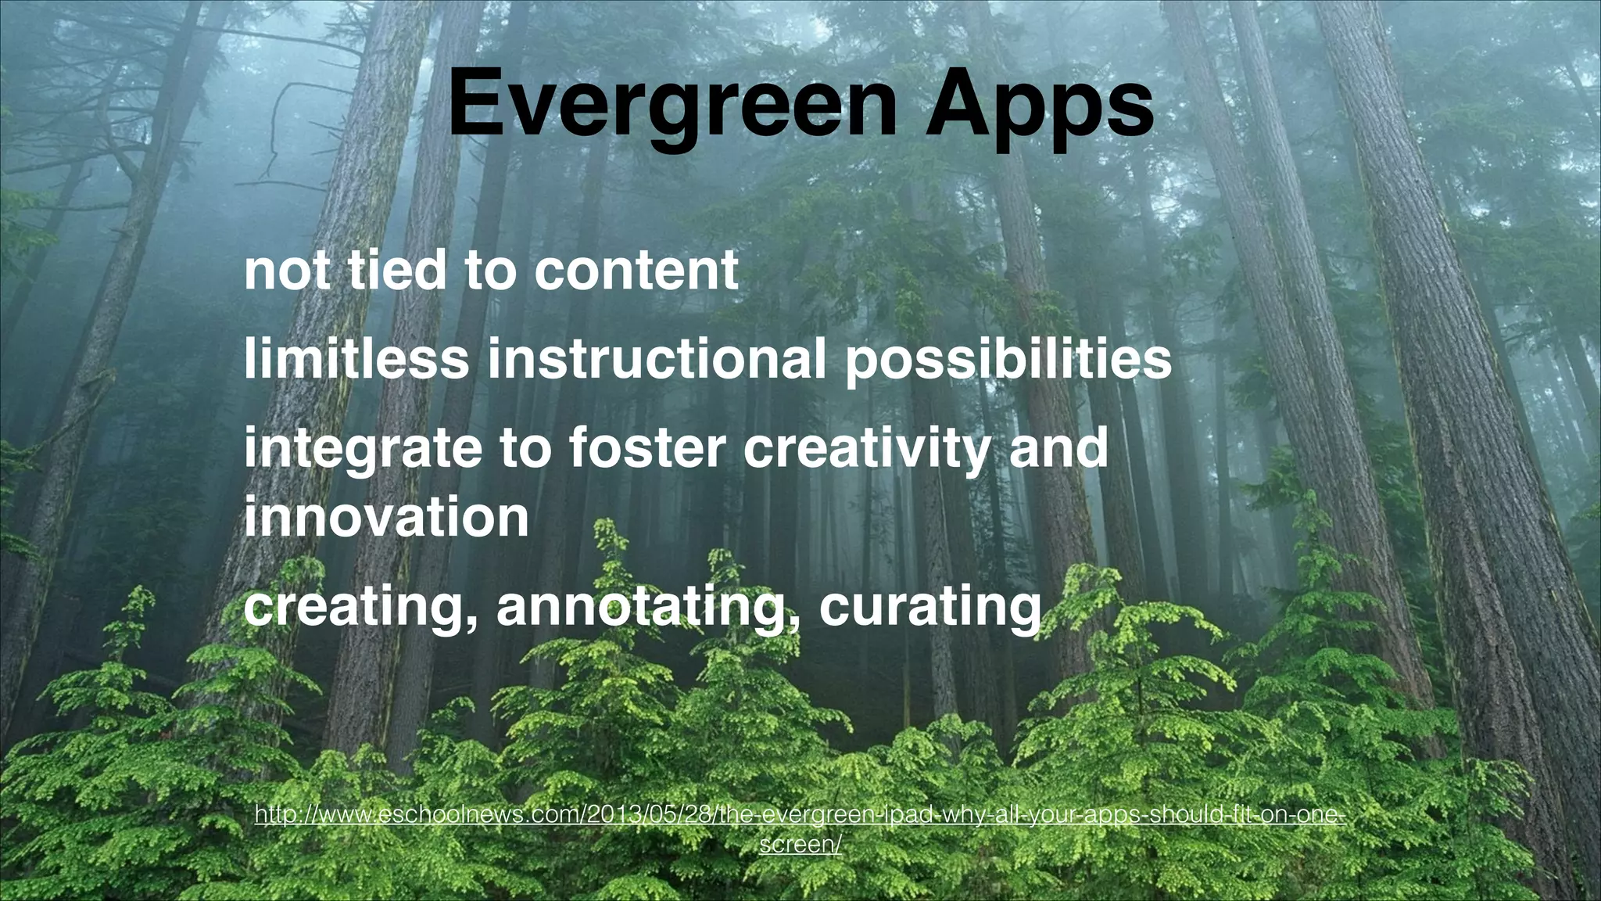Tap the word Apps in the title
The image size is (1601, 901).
coord(1039,103)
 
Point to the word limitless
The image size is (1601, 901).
coord(356,360)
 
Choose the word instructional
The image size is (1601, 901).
coord(656,360)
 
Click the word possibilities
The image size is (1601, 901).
coord(1008,360)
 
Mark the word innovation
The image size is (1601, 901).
coord(386,518)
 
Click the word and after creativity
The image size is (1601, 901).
coord(1058,447)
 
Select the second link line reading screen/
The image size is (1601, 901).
coord(800,845)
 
